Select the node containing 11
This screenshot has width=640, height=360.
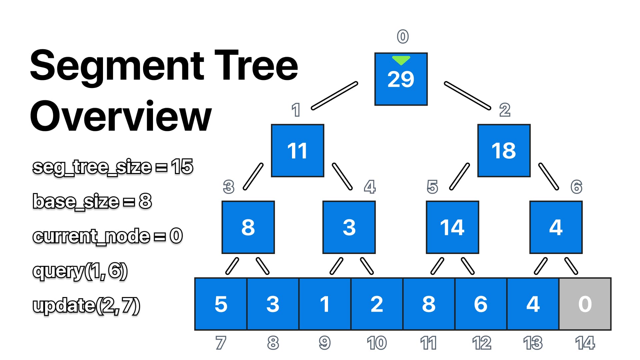(x=297, y=151)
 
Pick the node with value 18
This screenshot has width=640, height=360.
(x=504, y=151)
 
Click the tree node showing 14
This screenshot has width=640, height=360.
(x=452, y=227)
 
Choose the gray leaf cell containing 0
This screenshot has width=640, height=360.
(x=585, y=304)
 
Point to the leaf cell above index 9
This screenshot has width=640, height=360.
(x=325, y=304)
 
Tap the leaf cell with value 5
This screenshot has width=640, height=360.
(x=221, y=304)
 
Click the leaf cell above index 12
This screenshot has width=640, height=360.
(x=481, y=304)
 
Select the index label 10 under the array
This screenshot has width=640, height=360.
(x=377, y=343)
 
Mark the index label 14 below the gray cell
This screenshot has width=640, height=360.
(x=585, y=343)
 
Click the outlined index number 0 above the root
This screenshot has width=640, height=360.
(x=403, y=37)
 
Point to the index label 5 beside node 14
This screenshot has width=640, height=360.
(x=432, y=187)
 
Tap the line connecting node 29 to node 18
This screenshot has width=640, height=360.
(x=467, y=96)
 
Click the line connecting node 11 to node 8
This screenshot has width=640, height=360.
(x=253, y=177)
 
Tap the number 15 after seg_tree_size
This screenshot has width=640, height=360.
(x=182, y=166)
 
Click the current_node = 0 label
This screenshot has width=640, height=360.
(x=107, y=236)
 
